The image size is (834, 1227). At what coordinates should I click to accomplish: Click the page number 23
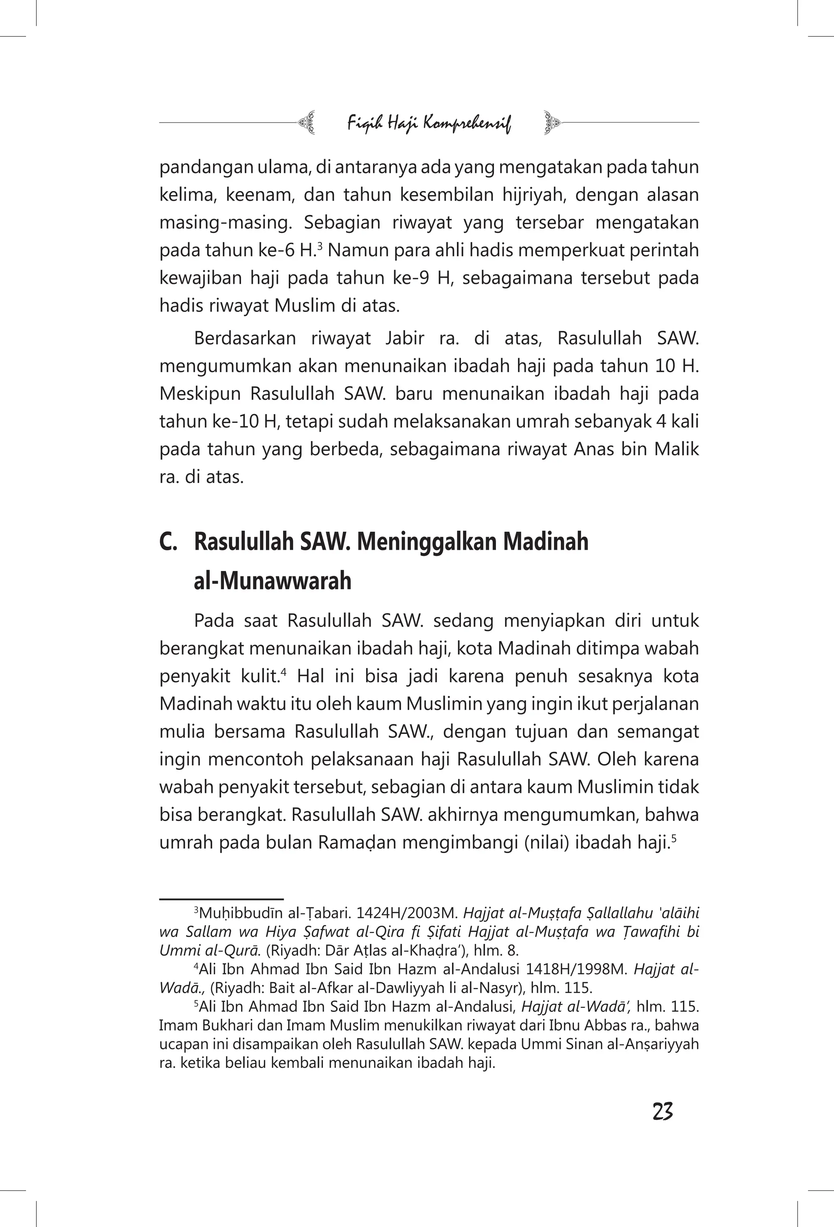click(663, 1111)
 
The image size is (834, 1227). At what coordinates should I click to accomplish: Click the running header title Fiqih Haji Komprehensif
click(429, 124)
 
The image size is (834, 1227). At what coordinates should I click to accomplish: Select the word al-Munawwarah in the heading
click(272, 581)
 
